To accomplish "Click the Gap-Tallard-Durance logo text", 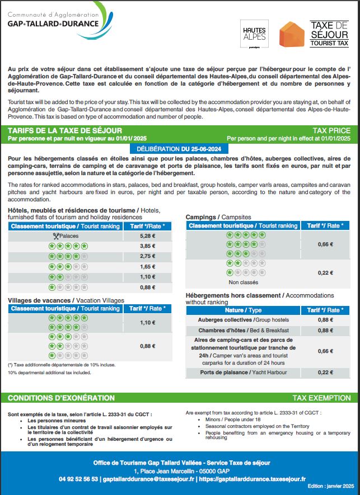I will (53, 24).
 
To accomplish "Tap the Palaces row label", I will (66, 236).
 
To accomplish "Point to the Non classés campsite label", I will (243, 282).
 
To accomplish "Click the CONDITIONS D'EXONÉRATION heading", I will (61, 398).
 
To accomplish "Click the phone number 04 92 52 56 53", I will (78, 479).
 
